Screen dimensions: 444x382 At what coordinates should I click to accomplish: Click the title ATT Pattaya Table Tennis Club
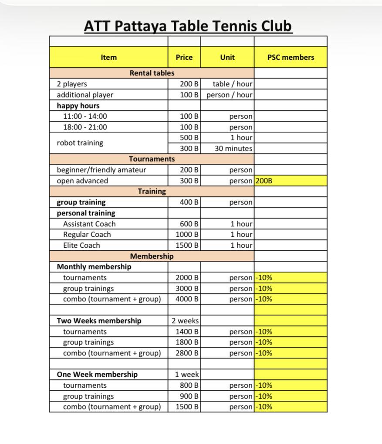188,26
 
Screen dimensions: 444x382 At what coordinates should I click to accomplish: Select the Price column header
184,57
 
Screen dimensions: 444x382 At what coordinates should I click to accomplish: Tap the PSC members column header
291,57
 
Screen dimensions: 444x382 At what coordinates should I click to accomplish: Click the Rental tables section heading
152,73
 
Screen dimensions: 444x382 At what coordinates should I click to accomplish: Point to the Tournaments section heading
152,159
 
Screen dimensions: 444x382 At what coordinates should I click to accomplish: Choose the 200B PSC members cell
264,181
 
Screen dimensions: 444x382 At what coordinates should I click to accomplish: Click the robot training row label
80,143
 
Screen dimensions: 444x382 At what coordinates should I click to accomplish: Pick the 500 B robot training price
189,137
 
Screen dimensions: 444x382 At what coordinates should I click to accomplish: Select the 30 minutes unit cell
233,148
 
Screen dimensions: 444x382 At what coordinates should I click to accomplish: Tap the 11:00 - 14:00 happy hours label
85,116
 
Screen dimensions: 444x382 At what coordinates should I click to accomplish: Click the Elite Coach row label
81,245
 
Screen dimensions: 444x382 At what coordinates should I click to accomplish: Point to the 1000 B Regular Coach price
187,234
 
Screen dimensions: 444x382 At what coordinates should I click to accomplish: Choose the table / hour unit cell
233,84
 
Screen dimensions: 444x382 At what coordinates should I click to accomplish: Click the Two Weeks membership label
99,321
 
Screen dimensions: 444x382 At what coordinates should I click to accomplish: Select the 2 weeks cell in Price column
185,321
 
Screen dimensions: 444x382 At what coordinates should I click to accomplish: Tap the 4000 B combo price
187,299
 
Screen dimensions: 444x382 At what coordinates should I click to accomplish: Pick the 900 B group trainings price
189,396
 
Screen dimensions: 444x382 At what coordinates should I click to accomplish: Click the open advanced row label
82,181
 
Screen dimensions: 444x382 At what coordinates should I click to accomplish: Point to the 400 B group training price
189,202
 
